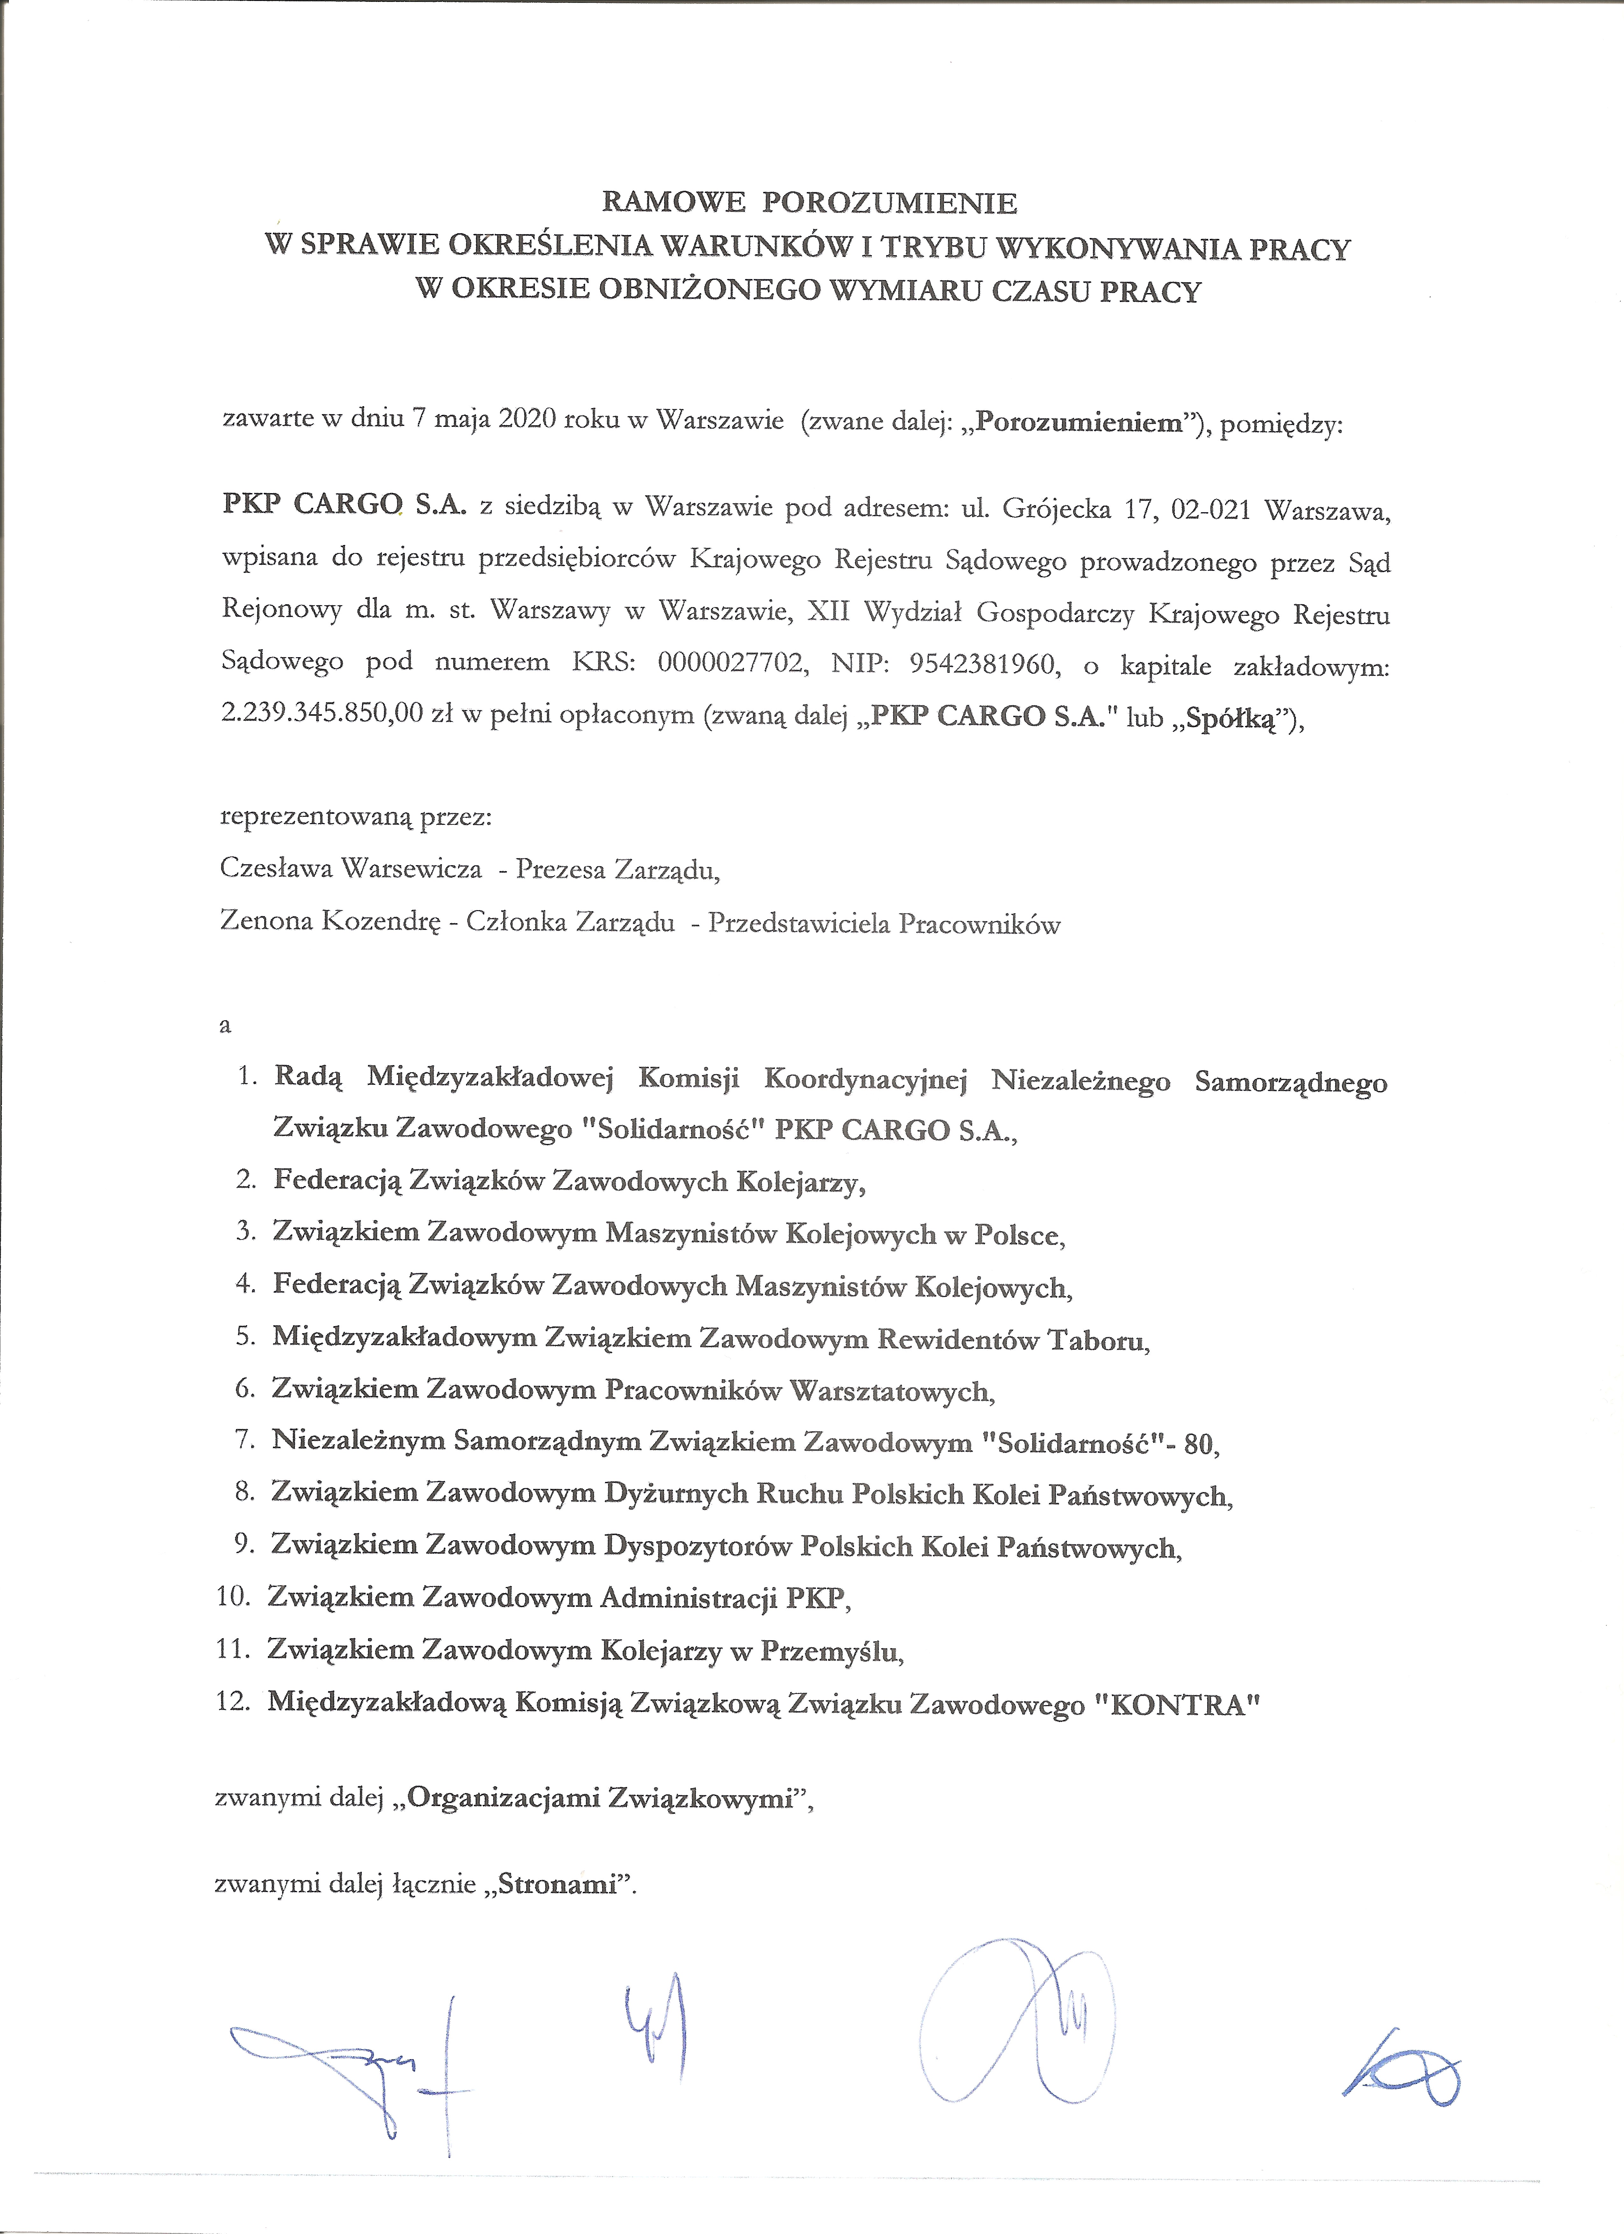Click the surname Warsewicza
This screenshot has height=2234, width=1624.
[x=412, y=869]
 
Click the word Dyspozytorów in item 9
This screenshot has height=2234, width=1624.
[x=697, y=1547]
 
